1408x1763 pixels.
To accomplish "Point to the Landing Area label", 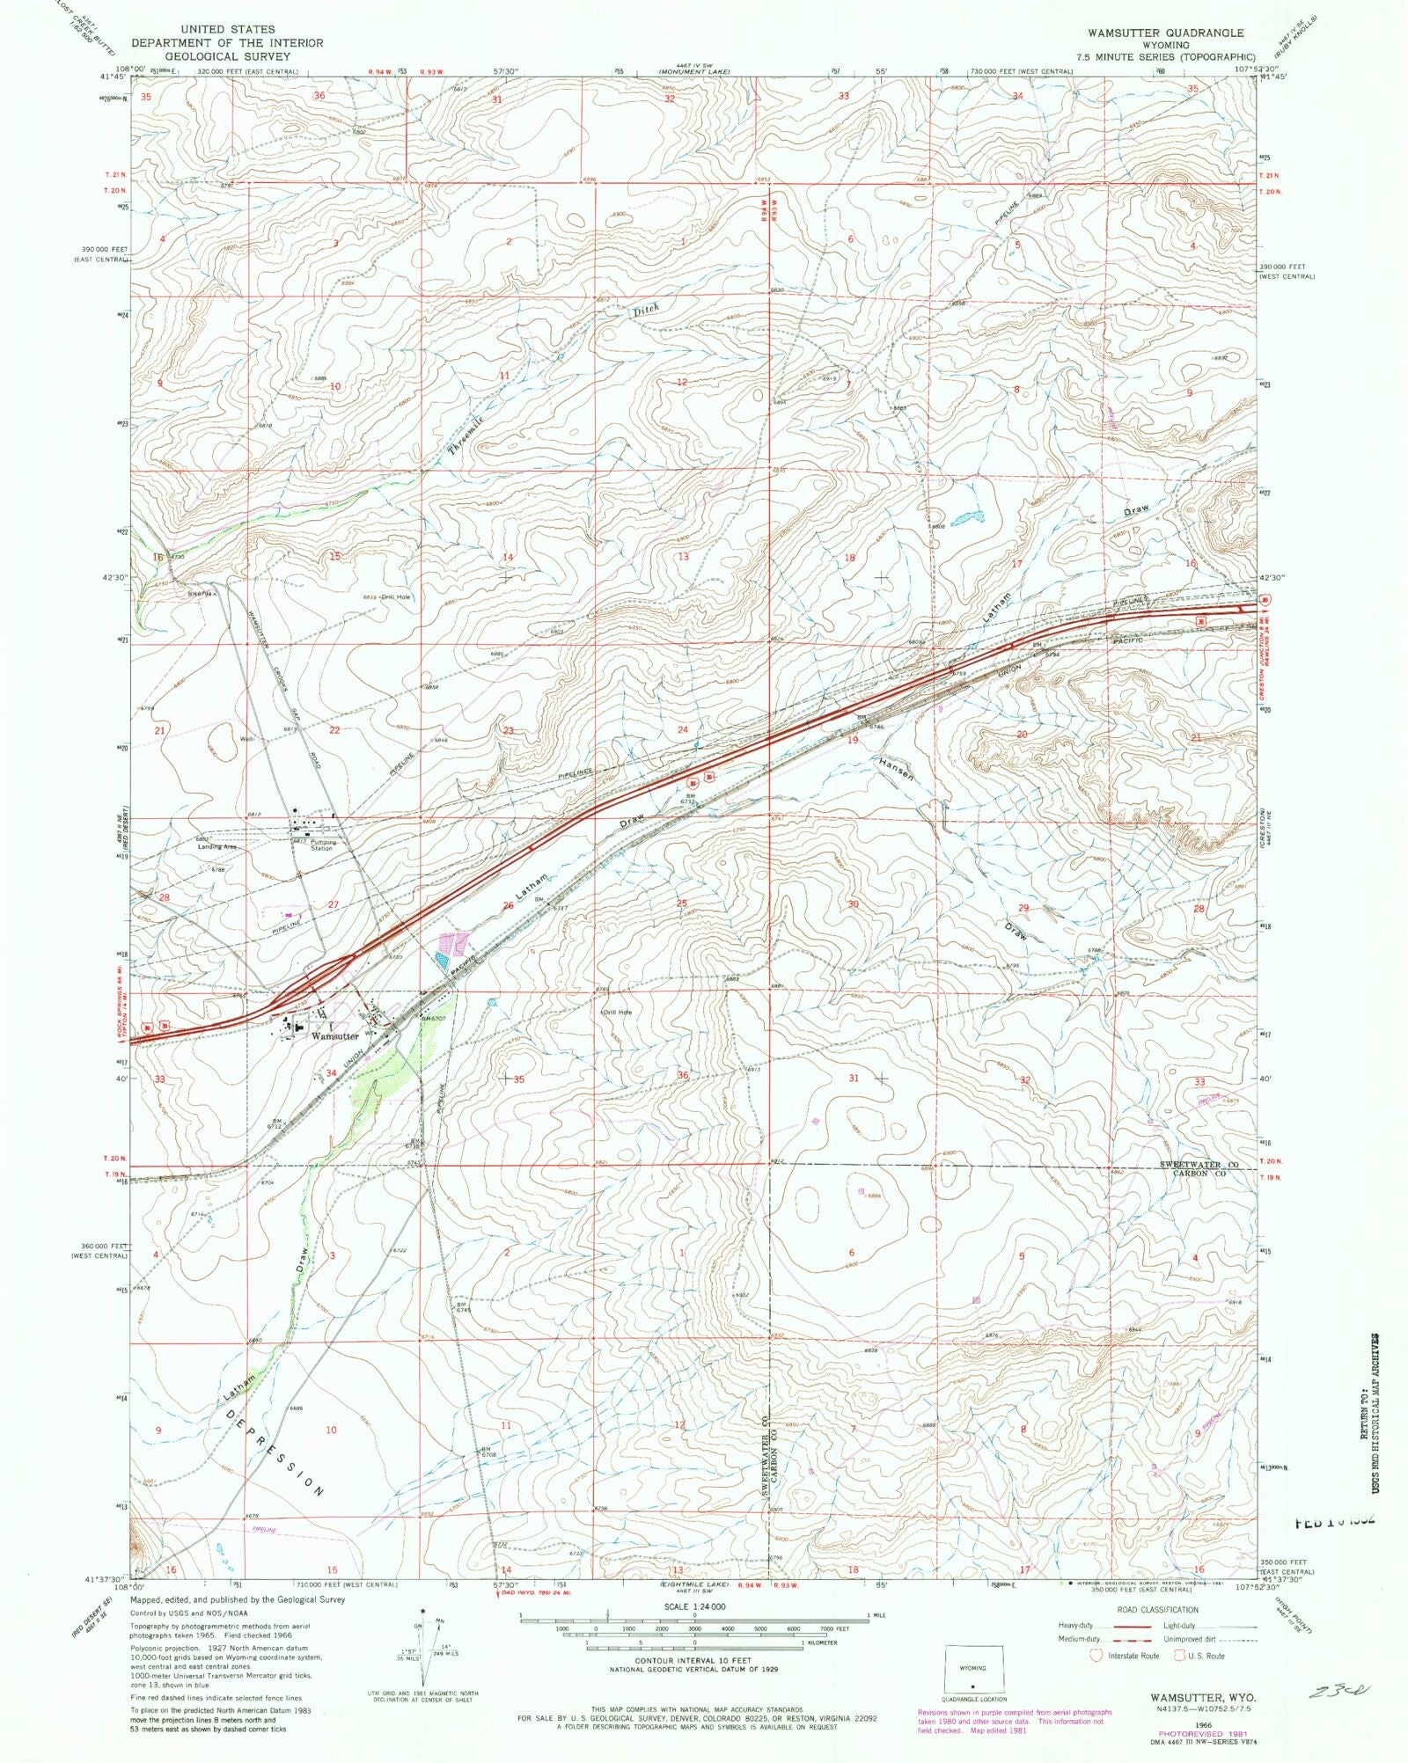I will click(215, 846).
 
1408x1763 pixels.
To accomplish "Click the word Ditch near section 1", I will click(644, 309).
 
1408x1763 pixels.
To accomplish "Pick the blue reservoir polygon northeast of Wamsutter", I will click(442, 962).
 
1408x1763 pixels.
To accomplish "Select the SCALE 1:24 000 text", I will click(695, 1606).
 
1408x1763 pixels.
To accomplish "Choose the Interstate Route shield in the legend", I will click(1096, 1655).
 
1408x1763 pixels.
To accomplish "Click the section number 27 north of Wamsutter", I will click(334, 904).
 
